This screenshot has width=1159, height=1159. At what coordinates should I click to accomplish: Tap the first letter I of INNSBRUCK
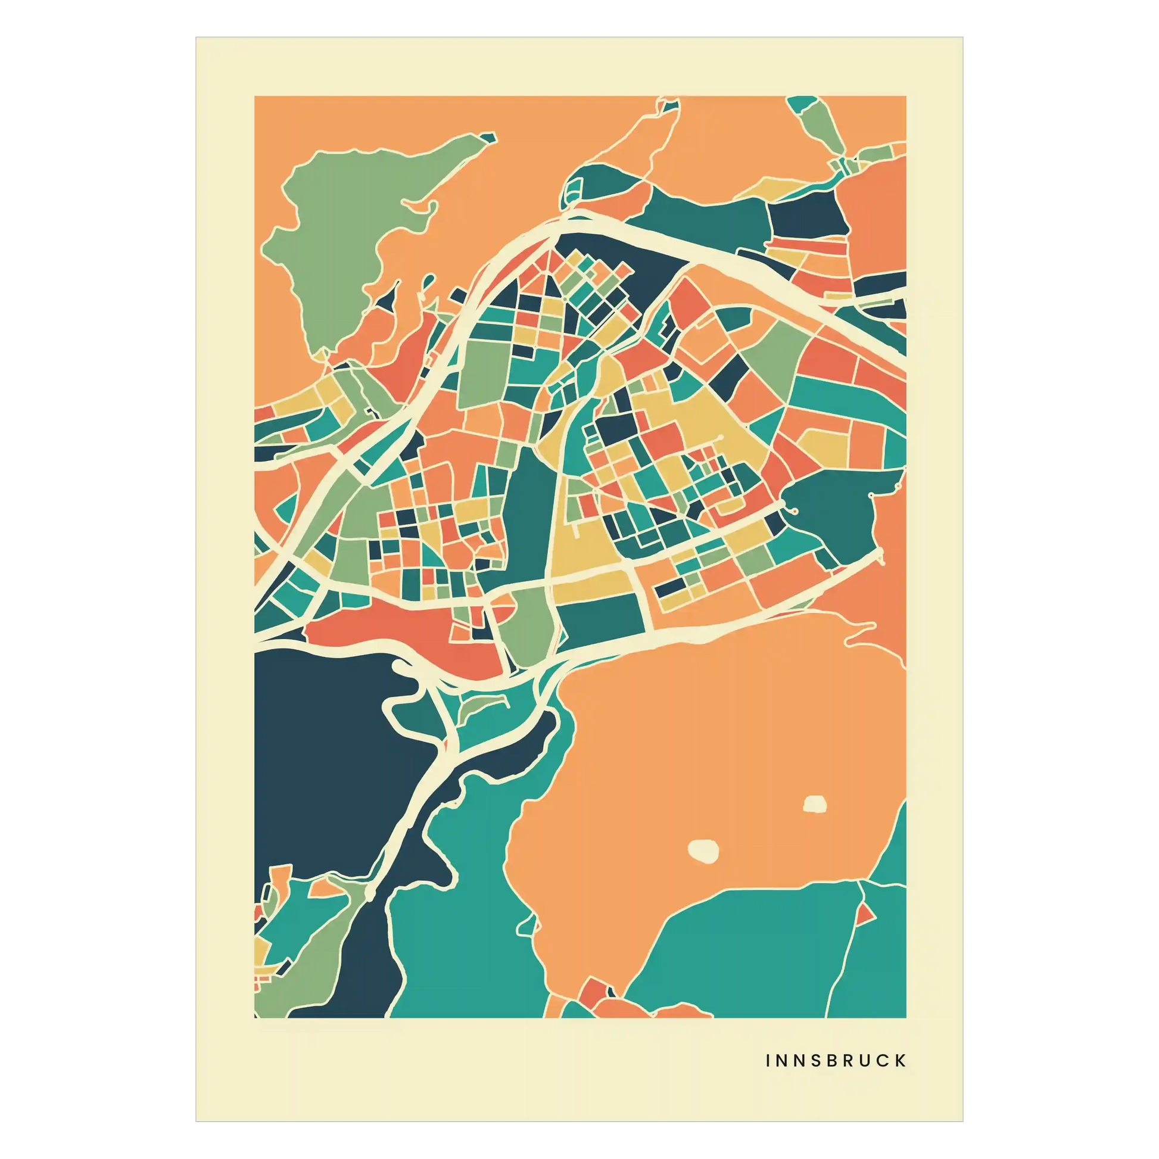coord(768,1061)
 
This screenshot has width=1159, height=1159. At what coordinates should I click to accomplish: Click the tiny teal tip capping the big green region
coord(490,139)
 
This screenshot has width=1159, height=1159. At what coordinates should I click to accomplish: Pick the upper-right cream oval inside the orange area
coord(815,804)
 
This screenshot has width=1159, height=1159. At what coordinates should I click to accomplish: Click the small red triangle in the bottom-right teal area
coord(864,914)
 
